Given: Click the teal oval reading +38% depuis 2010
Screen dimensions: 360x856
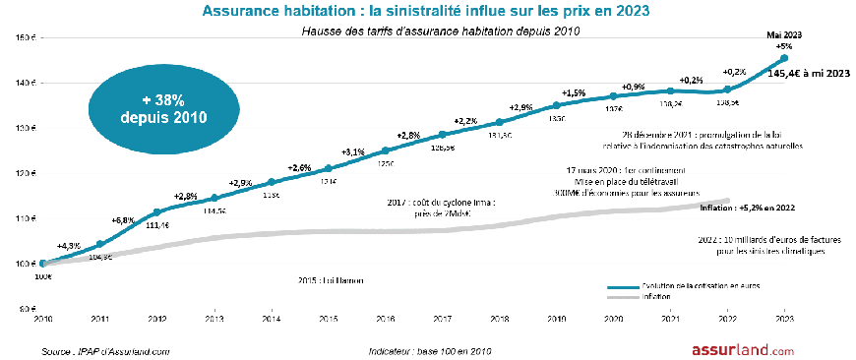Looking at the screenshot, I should click(162, 107).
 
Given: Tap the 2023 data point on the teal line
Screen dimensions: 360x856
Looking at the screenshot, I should click(783, 58).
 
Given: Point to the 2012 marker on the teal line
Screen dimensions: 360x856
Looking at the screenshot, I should click(156, 211).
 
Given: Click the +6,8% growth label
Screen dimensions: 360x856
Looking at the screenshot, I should click(124, 220).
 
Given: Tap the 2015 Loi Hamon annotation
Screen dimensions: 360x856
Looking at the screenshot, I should click(330, 281).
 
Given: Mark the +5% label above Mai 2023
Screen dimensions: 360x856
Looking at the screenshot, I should click(784, 46).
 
